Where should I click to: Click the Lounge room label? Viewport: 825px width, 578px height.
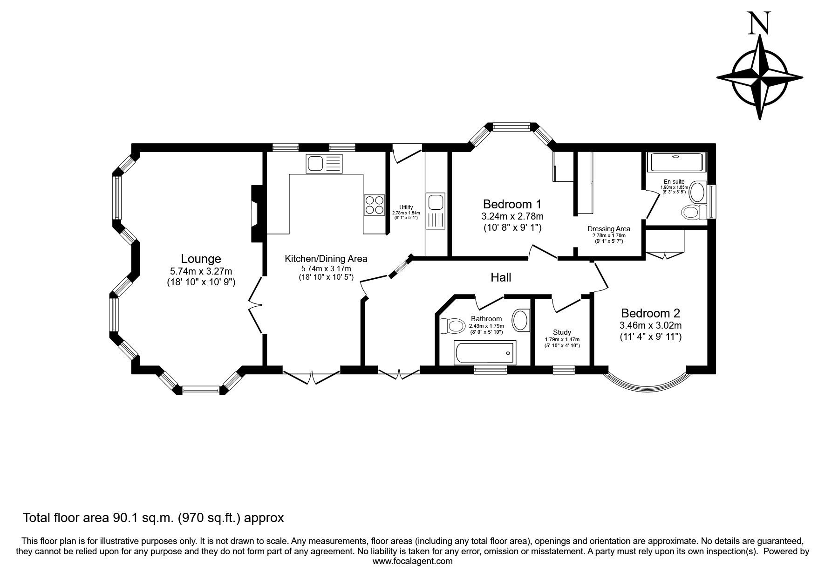click(x=201, y=259)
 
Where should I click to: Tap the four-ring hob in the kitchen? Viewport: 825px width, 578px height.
click(x=375, y=205)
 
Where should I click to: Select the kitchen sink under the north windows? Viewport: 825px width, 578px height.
click(x=324, y=164)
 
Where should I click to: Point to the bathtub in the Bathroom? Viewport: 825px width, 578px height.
click(x=485, y=353)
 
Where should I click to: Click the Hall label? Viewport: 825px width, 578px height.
click(x=501, y=278)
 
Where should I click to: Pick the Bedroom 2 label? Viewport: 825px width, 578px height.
click(x=650, y=313)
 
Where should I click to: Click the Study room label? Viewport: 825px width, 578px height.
click(x=562, y=332)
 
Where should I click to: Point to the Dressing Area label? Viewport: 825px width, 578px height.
click(x=609, y=229)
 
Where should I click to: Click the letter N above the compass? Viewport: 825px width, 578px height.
click(x=759, y=23)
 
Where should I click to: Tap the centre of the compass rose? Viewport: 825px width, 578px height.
click(x=759, y=77)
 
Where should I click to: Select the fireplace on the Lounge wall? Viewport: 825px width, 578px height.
click(x=257, y=214)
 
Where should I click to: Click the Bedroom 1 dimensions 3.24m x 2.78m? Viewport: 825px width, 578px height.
click(x=512, y=216)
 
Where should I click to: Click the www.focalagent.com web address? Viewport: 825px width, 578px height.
click(x=413, y=561)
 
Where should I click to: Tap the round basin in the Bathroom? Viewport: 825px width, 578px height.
click(x=521, y=320)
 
